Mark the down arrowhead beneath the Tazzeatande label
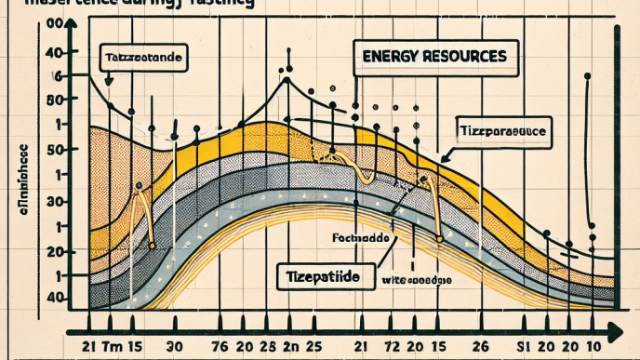point(110,83)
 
